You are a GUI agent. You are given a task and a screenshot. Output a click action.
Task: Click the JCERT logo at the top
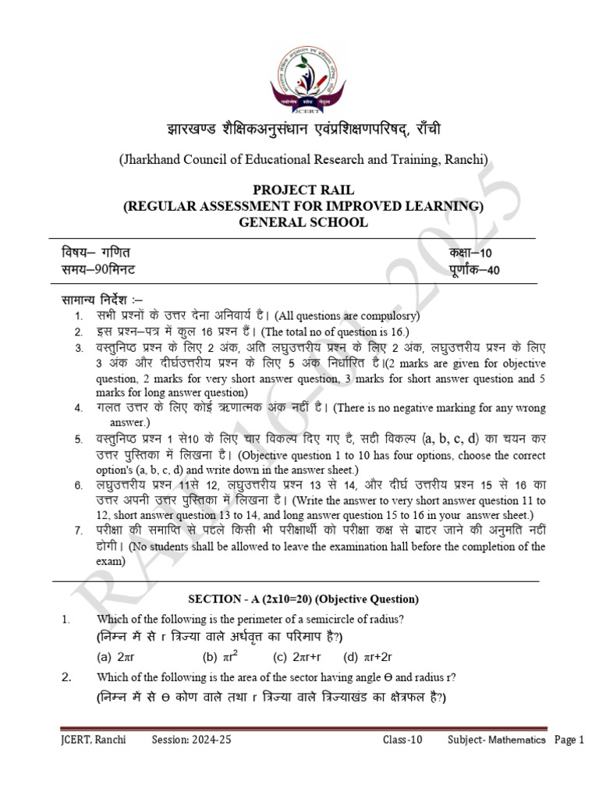[x=299, y=79]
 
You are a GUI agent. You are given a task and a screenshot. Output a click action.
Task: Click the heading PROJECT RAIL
[x=303, y=190]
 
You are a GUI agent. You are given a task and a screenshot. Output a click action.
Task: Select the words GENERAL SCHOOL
[x=303, y=222]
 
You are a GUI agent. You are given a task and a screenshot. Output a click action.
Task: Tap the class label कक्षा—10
[x=470, y=253]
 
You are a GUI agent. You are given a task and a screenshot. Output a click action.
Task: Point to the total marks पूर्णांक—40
[x=474, y=270]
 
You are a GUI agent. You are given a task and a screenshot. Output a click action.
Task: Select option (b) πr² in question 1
[x=221, y=656]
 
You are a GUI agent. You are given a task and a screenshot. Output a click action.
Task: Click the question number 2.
[x=66, y=676]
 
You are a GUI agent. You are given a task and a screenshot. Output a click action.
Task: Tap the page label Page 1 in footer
[x=569, y=740]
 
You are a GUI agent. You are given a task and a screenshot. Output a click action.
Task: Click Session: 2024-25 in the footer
[x=191, y=740]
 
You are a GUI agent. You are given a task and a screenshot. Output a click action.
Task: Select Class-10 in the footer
[x=402, y=740]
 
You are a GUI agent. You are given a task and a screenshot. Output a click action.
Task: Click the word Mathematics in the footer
[x=516, y=740]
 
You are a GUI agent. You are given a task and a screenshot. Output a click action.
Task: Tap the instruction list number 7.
[x=78, y=531]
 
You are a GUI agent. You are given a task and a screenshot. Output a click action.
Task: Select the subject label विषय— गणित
[x=97, y=253]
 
